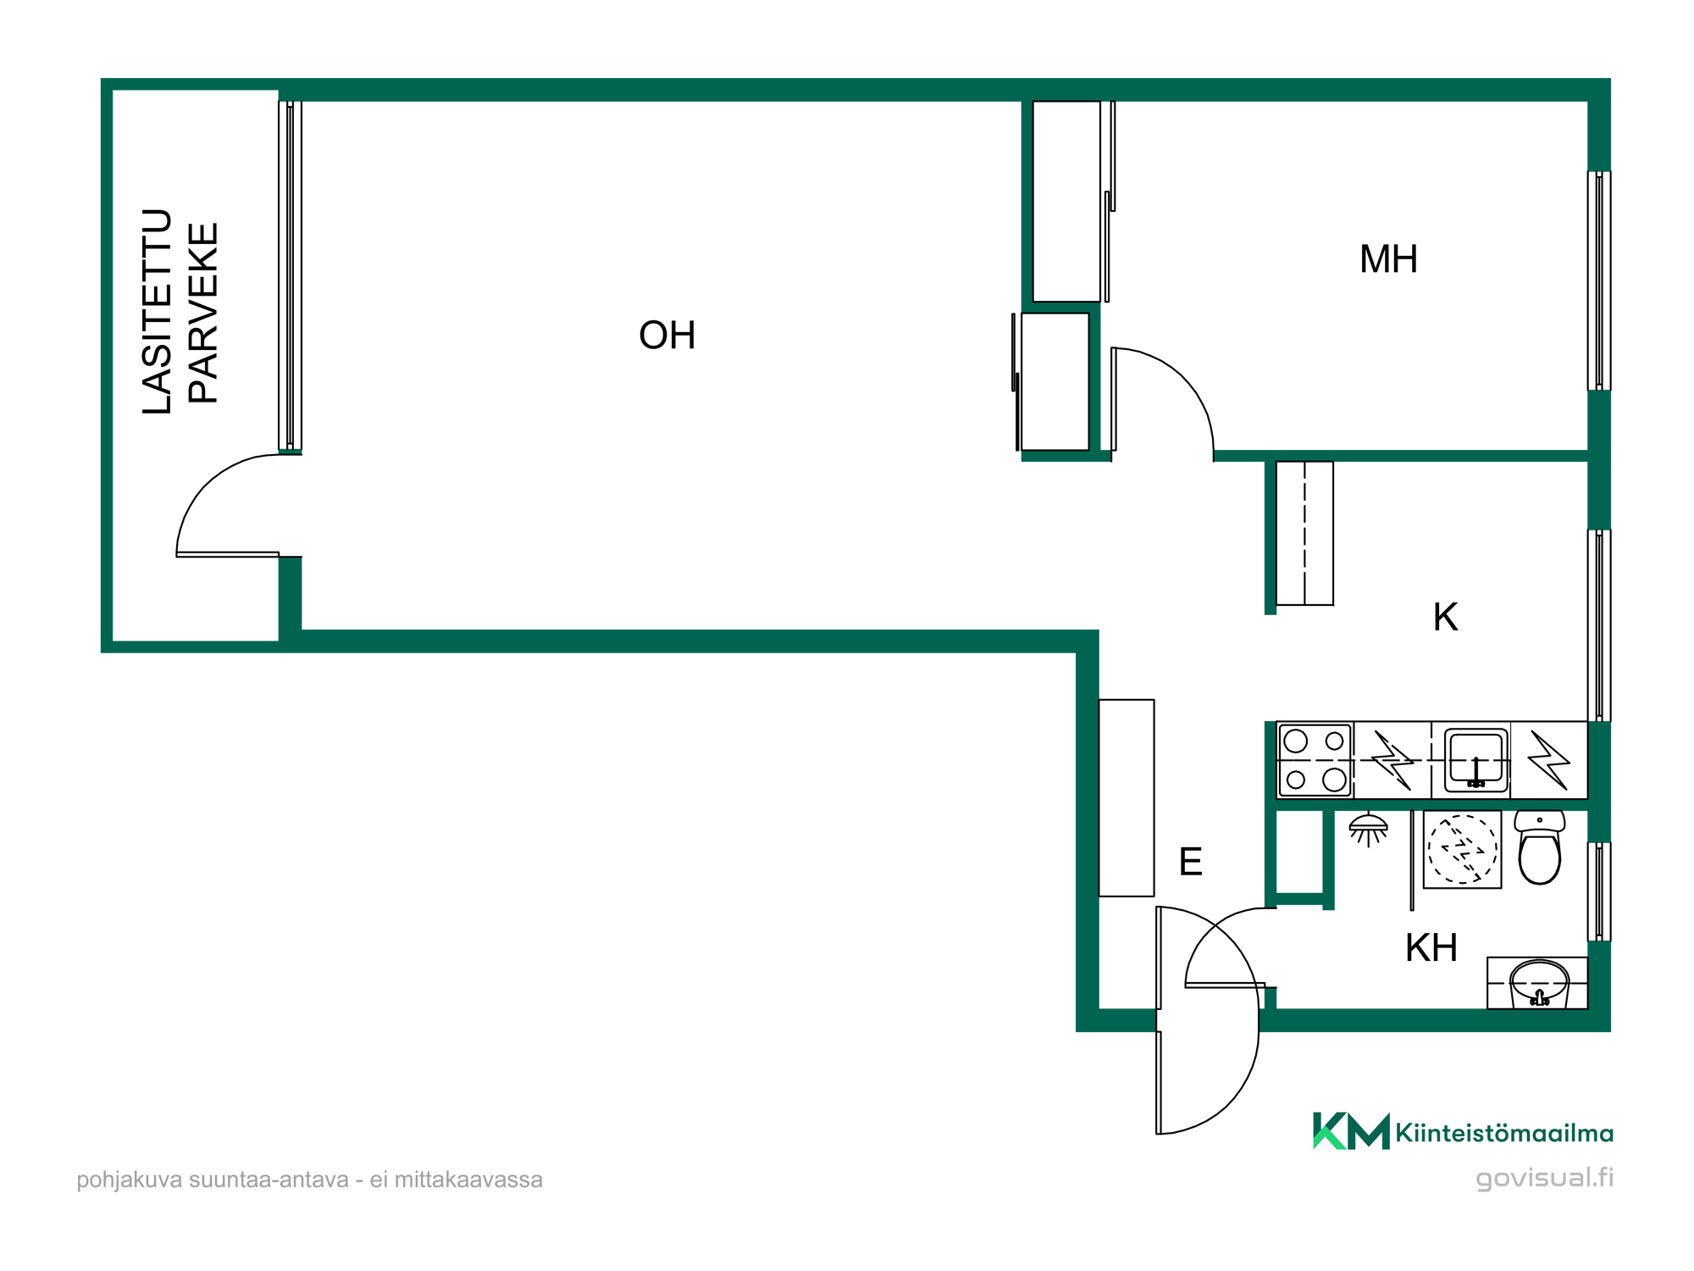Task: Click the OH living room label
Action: pyautogui.click(x=667, y=336)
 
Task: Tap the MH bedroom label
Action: pyautogui.click(x=1388, y=259)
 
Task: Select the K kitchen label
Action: pyautogui.click(x=1445, y=617)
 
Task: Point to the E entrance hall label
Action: pyautogui.click(x=1190, y=862)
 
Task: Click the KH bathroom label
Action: pyautogui.click(x=1431, y=948)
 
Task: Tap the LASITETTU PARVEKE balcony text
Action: pyautogui.click(x=180, y=312)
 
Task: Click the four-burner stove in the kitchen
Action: pyautogui.click(x=1315, y=760)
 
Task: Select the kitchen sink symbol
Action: pyautogui.click(x=1475, y=759)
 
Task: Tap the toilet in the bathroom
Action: pyautogui.click(x=1539, y=846)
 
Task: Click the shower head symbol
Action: pyautogui.click(x=1368, y=829)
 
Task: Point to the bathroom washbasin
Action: pyautogui.click(x=1539, y=983)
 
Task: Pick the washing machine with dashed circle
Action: pyautogui.click(x=1462, y=849)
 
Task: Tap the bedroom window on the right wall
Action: pyautogui.click(x=1598, y=280)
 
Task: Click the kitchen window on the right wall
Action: pyautogui.click(x=1598, y=625)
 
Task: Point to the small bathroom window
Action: pyautogui.click(x=1598, y=891)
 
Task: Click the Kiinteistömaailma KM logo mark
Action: pyautogui.click(x=1351, y=1130)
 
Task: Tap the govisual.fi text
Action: pyautogui.click(x=1544, y=1178)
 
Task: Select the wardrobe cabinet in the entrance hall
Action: pyautogui.click(x=1127, y=798)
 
